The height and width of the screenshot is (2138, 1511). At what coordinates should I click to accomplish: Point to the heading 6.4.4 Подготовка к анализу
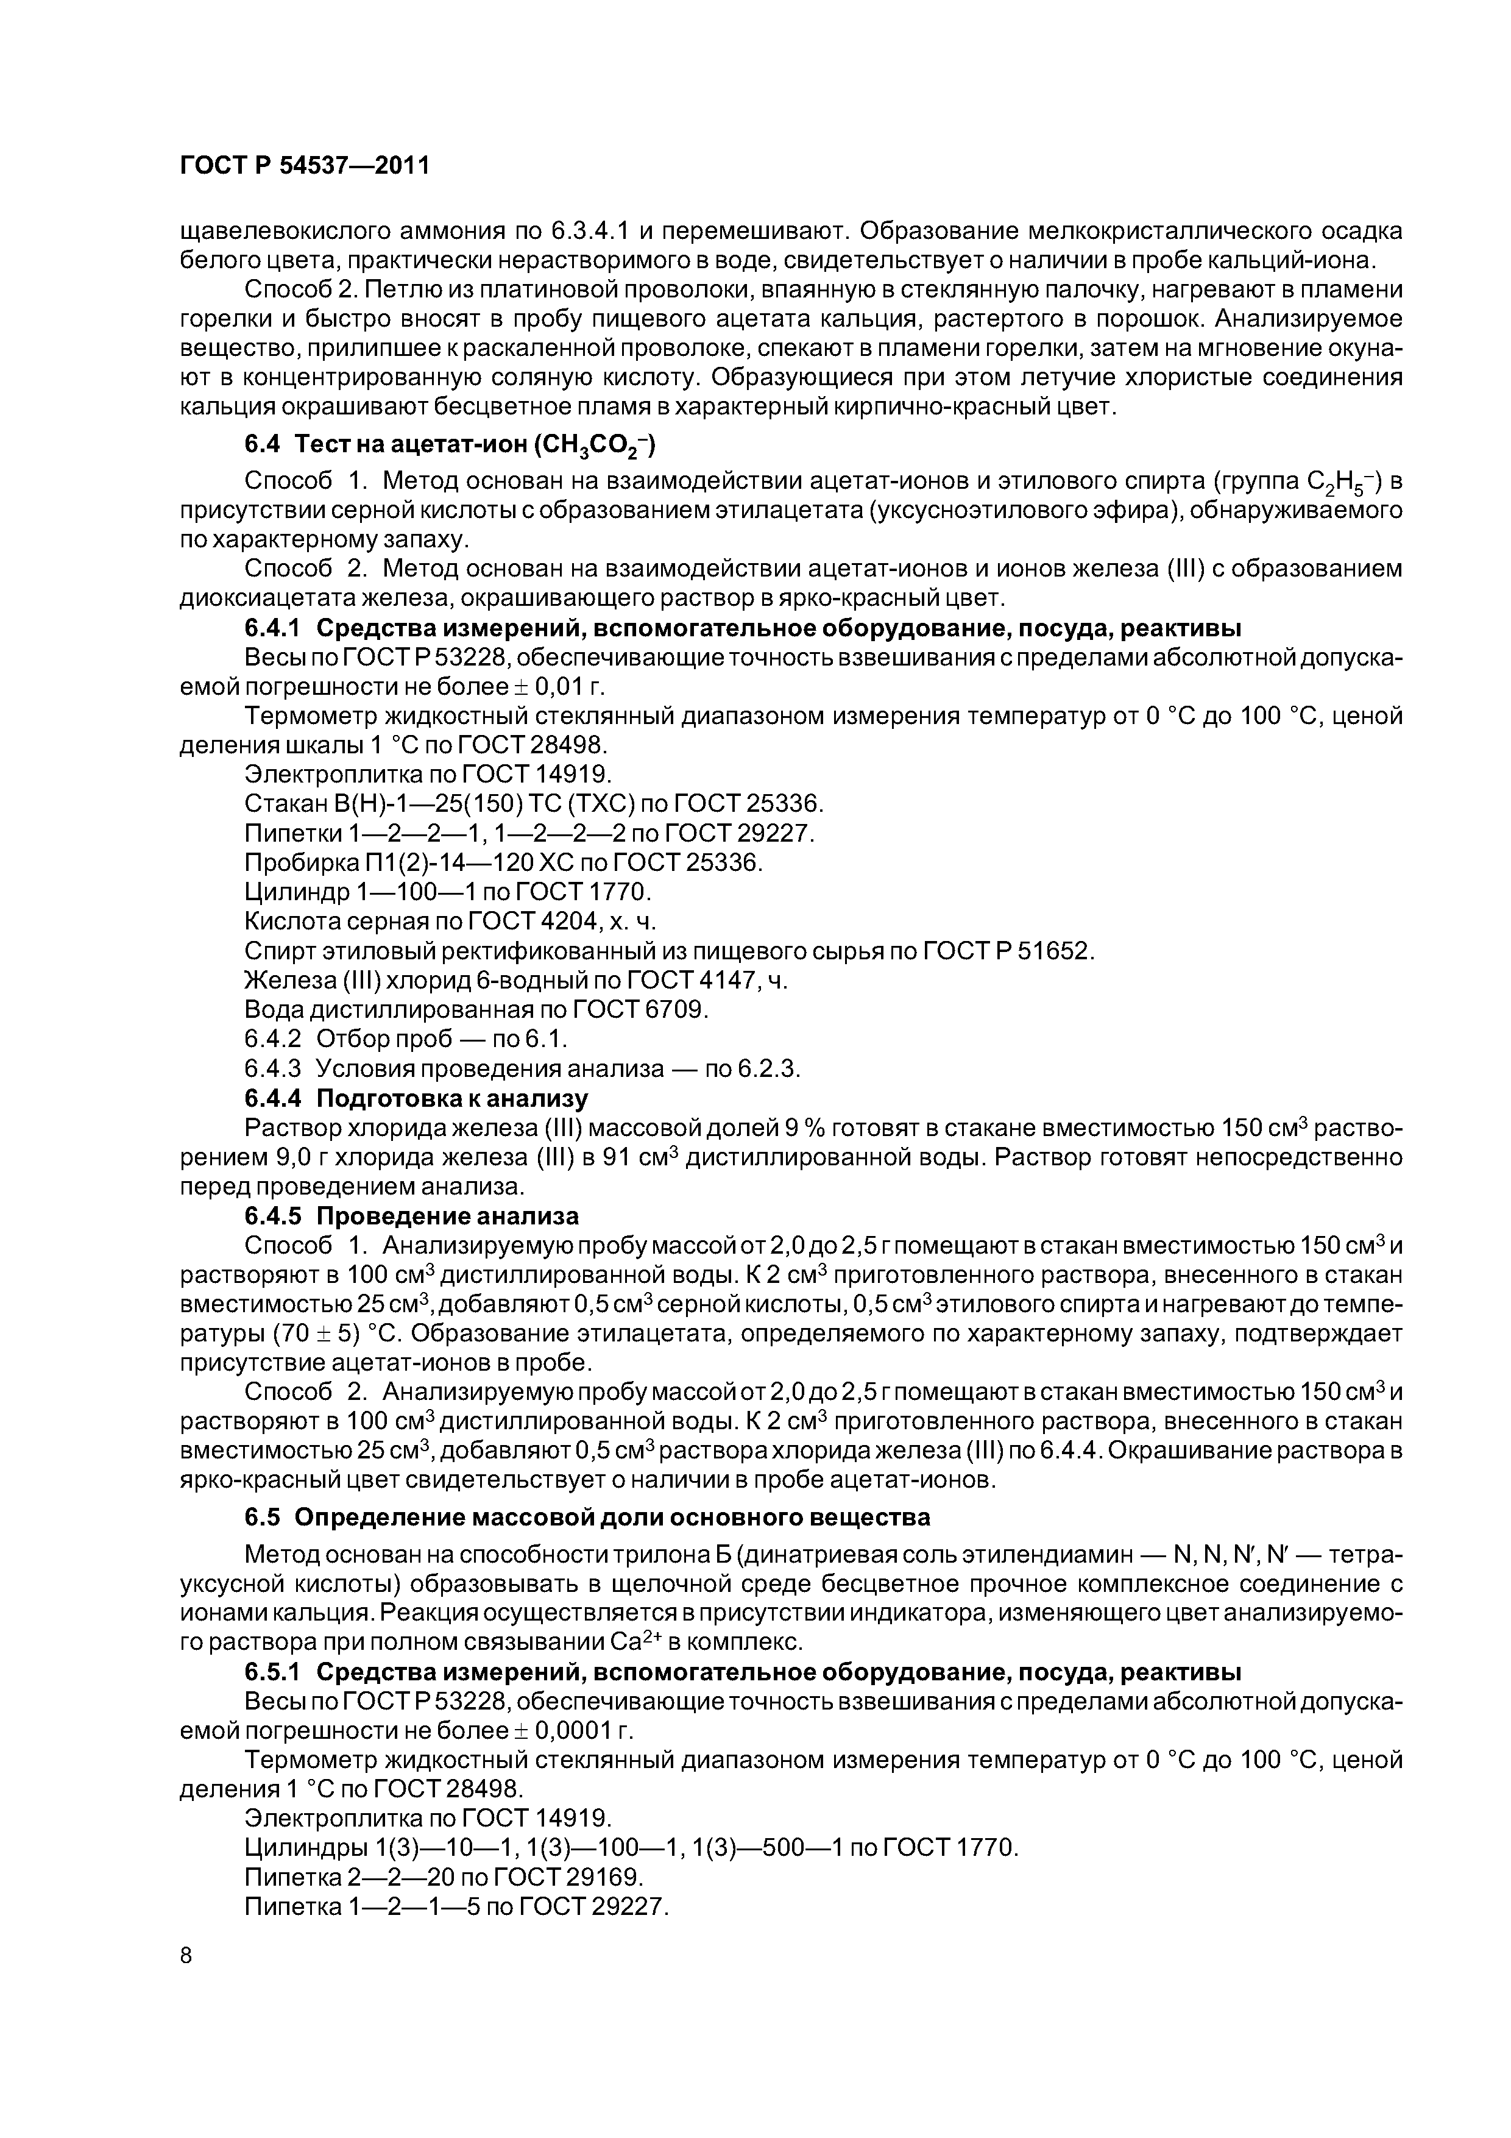[416, 1099]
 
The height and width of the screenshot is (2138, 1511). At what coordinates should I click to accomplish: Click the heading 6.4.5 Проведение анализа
[411, 1216]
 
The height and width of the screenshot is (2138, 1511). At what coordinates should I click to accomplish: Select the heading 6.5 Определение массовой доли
[587, 1517]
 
